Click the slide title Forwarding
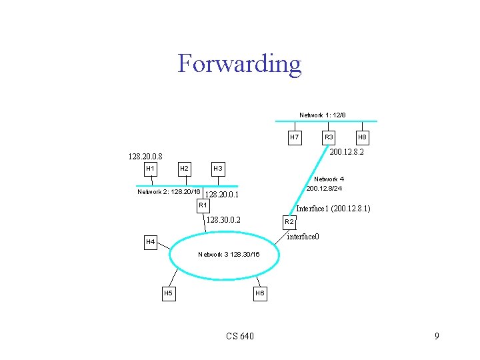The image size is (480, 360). (x=239, y=64)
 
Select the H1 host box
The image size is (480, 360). (x=150, y=168)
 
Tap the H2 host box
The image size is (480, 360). (x=184, y=168)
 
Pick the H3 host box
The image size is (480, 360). (x=217, y=168)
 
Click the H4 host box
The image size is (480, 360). (x=151, y=241)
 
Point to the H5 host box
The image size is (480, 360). (x=168, y=293)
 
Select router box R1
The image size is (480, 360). (x=203, y=205)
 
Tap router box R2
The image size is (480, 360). (x=289, y=221)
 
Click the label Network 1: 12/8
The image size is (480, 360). (x=322, y=115)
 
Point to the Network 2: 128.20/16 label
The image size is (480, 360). (x=169, y=192)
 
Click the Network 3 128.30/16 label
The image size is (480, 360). (x=229, y=255)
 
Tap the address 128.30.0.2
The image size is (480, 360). (x=223, y=220)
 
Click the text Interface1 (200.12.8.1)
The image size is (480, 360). (x=333, y=209)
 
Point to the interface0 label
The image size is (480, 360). (x=303, y=237)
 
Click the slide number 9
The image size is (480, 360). (x=437, y=336)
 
